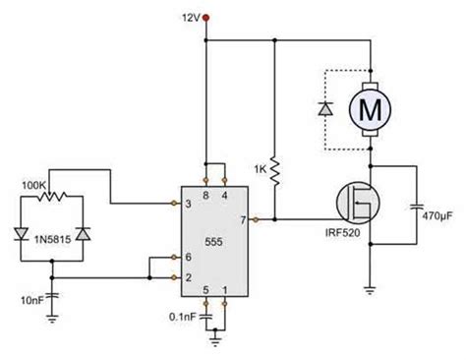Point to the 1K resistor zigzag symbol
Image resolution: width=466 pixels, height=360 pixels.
tap(277, 172)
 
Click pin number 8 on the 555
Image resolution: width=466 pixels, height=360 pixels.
tap(204, 196)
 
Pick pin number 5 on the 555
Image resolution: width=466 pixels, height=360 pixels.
tap(204, 289)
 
